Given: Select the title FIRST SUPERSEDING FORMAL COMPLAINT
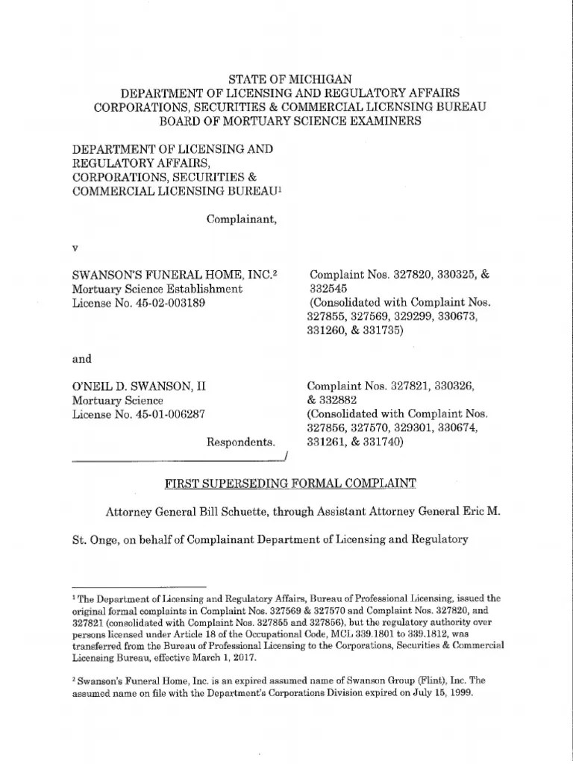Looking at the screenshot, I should coord(289,483).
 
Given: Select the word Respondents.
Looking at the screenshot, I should coord(241,442).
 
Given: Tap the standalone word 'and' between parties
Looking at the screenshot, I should coord(81,359).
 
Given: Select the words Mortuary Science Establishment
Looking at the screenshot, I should coord(157,289).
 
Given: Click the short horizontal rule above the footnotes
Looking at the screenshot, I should coord(138,588).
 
